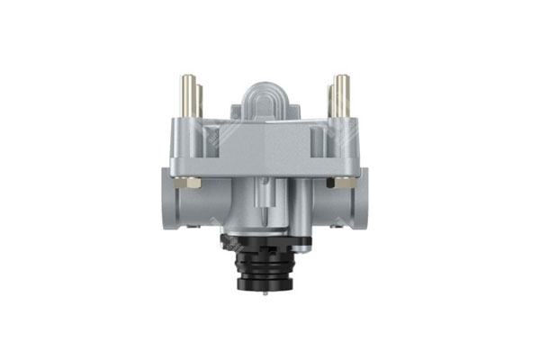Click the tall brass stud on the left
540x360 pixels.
[186, 94]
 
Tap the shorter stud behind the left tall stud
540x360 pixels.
[197, 98]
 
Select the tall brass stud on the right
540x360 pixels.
[344, 94]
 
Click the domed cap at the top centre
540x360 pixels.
[265, 102]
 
